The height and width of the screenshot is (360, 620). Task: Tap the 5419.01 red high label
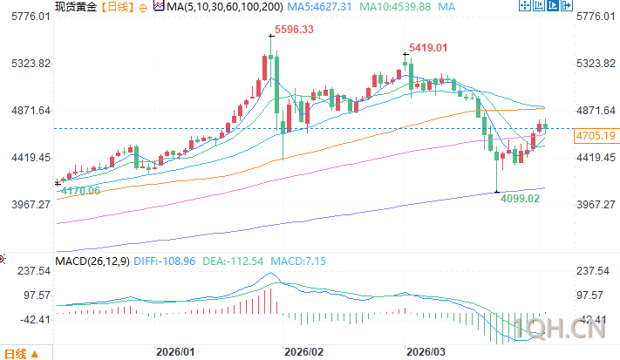point(428,47)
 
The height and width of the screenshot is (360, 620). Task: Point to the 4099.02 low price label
point(521,199)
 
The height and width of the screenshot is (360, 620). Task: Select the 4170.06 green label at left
point(77,190)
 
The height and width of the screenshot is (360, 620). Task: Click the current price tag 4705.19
point(596,136)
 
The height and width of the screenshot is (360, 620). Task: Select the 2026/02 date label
point(304,352)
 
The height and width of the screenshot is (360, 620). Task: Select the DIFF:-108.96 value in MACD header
point(165,260)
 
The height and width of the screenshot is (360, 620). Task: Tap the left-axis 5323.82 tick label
point(26,64)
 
